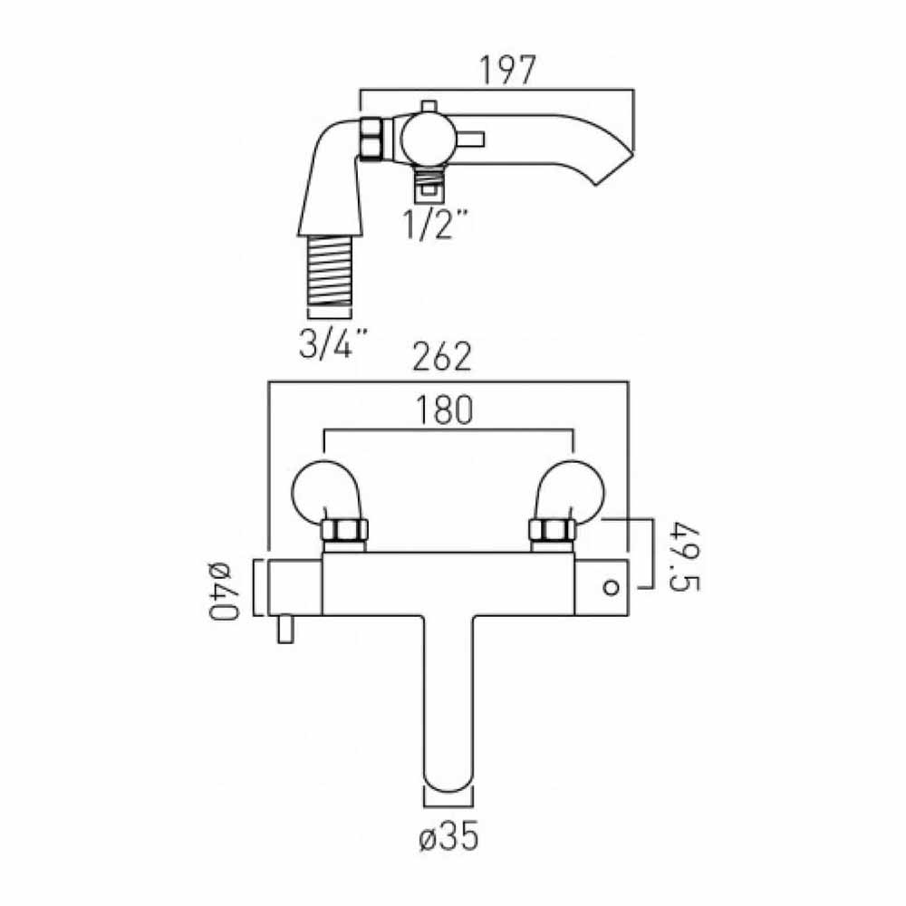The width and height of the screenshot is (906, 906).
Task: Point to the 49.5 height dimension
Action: point(686,554)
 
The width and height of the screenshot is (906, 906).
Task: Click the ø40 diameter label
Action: point(220,590)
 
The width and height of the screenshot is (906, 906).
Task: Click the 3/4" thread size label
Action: point(332,343)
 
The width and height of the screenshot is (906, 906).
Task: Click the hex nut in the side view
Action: point(371,139)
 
